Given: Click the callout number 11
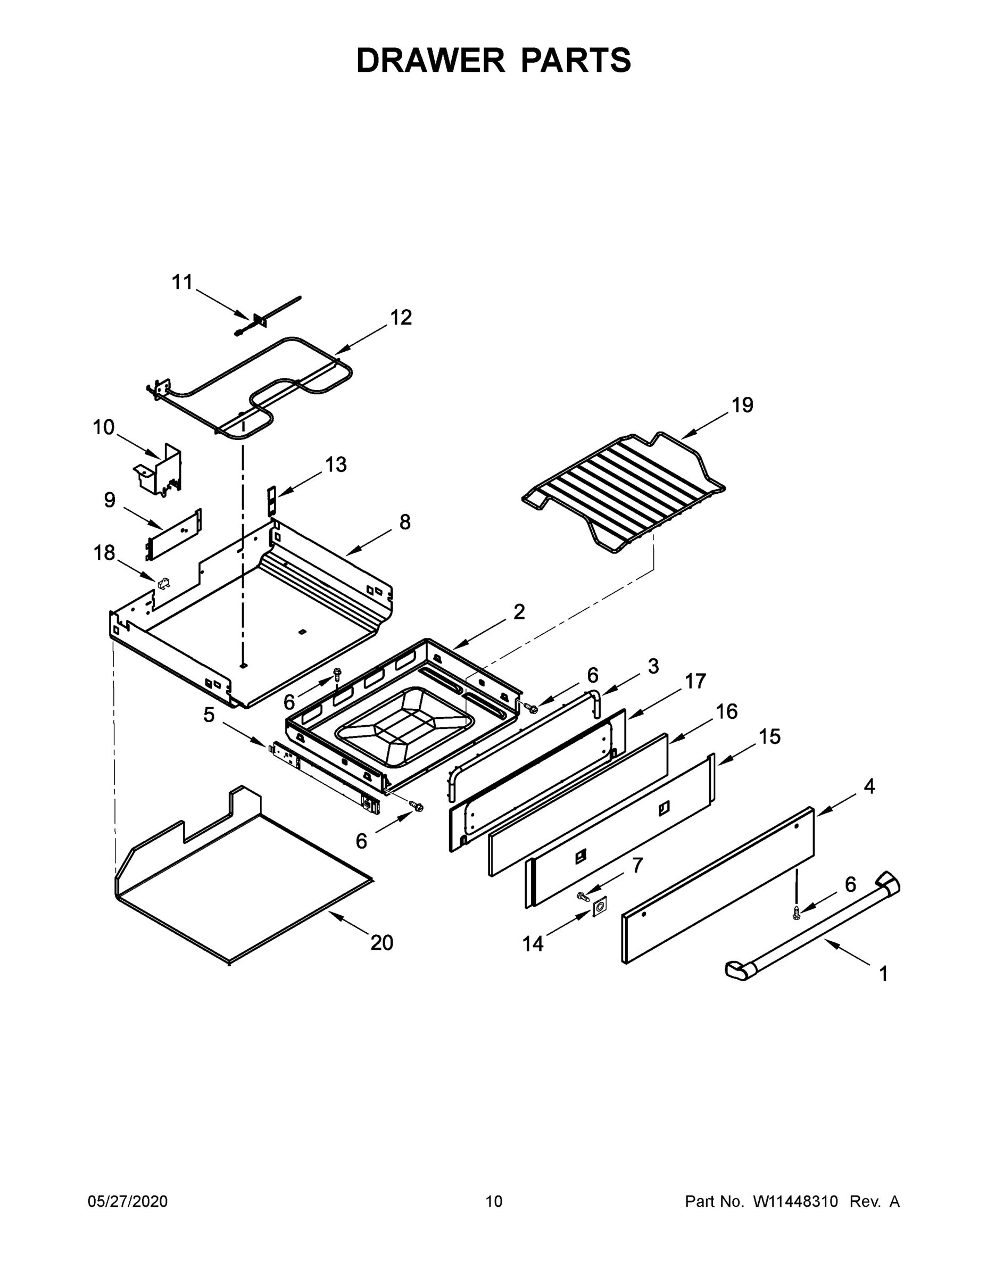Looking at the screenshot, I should pos(182,283).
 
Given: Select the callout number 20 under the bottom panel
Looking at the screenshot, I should pos(382,942).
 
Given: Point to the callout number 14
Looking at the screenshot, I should pos(533,944).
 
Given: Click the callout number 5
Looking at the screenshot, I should pos(209,715).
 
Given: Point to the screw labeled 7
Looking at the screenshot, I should pos(583,895).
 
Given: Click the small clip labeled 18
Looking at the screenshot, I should pos(163,583).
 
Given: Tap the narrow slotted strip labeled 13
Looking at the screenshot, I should pos(271,501).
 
